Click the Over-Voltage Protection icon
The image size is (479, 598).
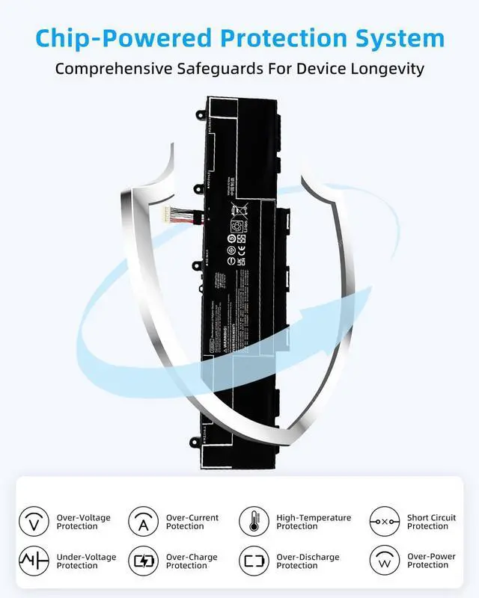(33, 521)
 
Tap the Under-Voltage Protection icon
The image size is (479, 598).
(33, 561)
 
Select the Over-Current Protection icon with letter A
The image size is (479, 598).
(142, 521)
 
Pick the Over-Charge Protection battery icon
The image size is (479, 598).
(142, 561)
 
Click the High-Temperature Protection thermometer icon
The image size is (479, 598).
(253, 521)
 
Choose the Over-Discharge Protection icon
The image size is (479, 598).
(253, 561)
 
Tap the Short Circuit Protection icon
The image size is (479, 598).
(384, 521)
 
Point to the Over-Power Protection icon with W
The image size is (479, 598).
(384, 561)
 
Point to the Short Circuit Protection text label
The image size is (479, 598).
(431, 522)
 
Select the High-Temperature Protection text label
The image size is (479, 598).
(314, 522)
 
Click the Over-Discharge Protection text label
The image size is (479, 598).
(308, 561)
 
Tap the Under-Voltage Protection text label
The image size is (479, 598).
(84, 561)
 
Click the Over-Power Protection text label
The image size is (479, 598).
(431, 561)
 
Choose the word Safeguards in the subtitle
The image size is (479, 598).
(234, 70)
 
